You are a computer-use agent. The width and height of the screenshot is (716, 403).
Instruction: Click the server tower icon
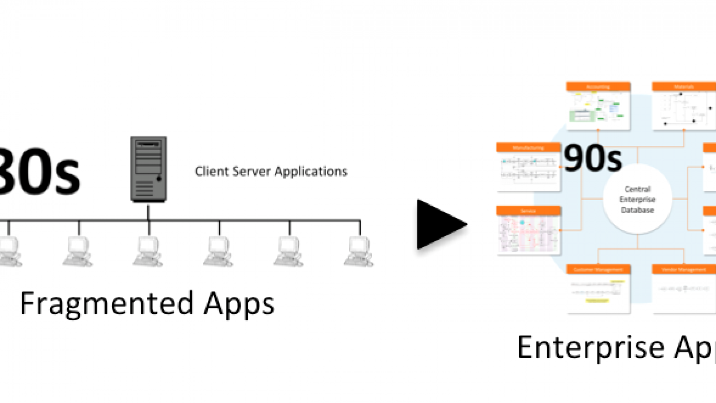point(149,169)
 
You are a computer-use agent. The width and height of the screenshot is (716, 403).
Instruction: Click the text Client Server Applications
point(271,171)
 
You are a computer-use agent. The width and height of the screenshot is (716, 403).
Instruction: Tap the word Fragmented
point(107,303)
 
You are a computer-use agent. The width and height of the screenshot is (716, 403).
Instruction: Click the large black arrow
point(440,224)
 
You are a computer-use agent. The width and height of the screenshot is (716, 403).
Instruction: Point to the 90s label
point(593,159)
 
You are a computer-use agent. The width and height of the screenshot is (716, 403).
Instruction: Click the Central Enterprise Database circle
point(637,199)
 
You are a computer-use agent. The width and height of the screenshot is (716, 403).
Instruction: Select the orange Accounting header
point(598,86)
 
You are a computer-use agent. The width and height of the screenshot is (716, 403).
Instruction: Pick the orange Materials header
point(683,86)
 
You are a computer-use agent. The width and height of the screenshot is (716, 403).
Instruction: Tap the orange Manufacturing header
point(528,148)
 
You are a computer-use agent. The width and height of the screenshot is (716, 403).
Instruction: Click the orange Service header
point(528,211)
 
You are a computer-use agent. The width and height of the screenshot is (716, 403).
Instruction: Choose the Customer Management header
point(598,270)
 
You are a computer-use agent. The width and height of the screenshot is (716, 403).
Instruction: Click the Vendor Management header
point(683,270)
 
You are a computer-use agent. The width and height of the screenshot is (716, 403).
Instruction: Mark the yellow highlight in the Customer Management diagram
point(596,301)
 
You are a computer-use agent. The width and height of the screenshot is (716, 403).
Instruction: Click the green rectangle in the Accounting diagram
point(582,116)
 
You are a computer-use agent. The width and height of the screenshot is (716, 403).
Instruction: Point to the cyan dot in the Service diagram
point(522,222)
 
